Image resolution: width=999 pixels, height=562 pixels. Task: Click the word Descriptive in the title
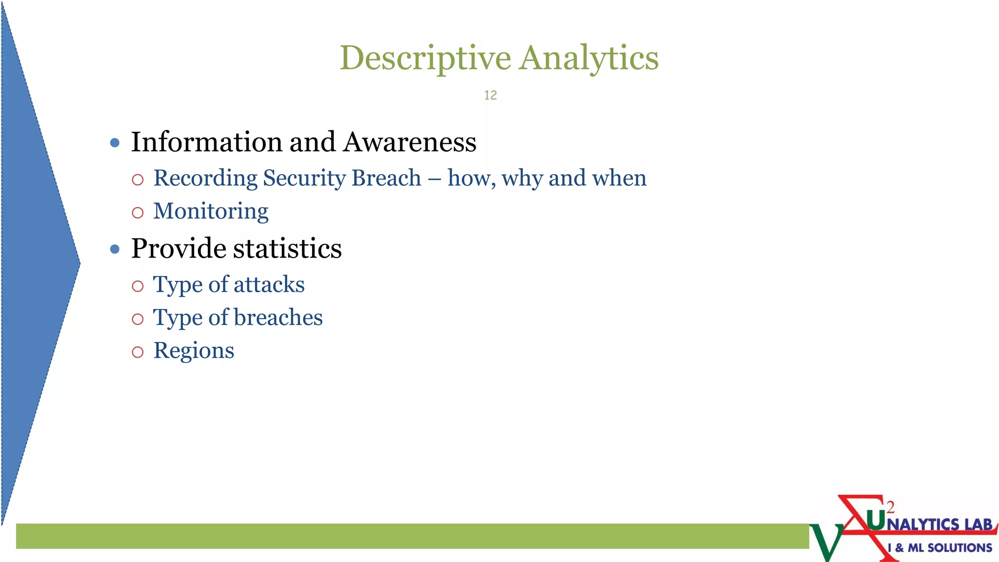click(425, 58)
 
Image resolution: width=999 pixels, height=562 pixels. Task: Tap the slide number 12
click(490, 95)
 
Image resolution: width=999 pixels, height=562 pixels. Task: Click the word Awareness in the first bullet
click(409, 142)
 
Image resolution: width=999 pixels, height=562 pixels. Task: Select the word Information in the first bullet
click(207, 142)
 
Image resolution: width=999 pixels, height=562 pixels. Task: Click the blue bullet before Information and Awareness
click(115, 143)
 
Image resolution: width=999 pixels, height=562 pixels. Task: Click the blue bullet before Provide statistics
click(115, 249)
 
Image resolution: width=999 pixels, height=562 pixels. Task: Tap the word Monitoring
click(211, 211)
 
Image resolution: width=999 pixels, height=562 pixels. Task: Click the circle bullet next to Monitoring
click(138, 213)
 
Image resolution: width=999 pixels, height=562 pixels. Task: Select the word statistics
click(287, 248)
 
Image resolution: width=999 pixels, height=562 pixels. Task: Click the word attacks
click(269, 284)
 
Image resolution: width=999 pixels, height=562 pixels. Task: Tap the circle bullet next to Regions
click(138, 352)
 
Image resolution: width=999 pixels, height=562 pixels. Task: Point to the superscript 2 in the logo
click(890, 507)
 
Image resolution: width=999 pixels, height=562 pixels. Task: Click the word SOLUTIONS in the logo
click(959, 548)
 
